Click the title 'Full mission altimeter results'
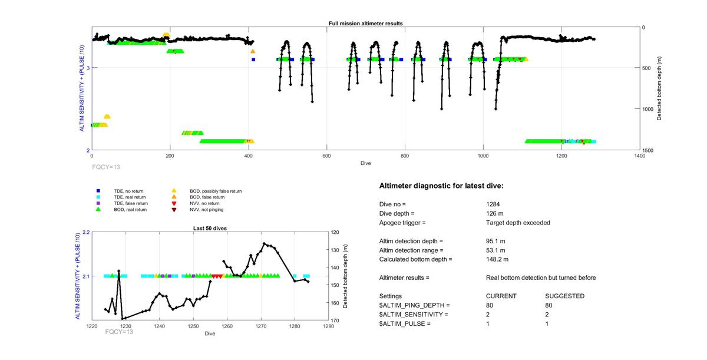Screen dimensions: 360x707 (365, 24)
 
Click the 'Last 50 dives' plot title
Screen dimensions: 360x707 (210, 228)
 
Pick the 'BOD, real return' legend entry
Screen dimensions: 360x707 (130, 209)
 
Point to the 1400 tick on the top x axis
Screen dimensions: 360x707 (639, 156)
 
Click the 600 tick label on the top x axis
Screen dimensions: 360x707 (326, 156)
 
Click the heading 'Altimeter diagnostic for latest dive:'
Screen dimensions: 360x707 (441, 186)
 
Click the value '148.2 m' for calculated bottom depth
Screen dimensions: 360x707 (497, 259)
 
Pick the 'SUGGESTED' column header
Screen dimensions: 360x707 (564, 296)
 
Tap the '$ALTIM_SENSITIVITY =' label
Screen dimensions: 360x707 (414, 315)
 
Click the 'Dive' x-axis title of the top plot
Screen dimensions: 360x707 (365, 163)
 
